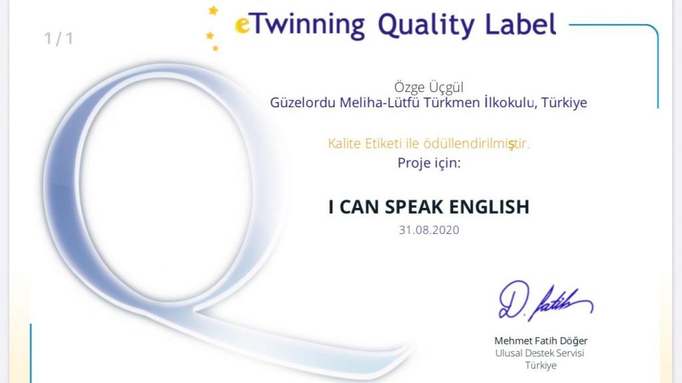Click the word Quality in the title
coord(426,25)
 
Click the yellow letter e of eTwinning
coord(242,25)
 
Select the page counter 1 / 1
coord(59,39)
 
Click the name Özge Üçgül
coord(429,87)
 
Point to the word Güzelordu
coord(303,103)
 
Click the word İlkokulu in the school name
coord(511,103)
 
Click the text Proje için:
coord(429,163)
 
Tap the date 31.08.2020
coord(429,230)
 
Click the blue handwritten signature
coord(546,300)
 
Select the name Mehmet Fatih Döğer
coord(541,341)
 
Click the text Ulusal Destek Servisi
coord(539,353)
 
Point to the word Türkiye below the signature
coord(541,365)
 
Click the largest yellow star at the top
coord(213,10)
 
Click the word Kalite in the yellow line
coord(344,144)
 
